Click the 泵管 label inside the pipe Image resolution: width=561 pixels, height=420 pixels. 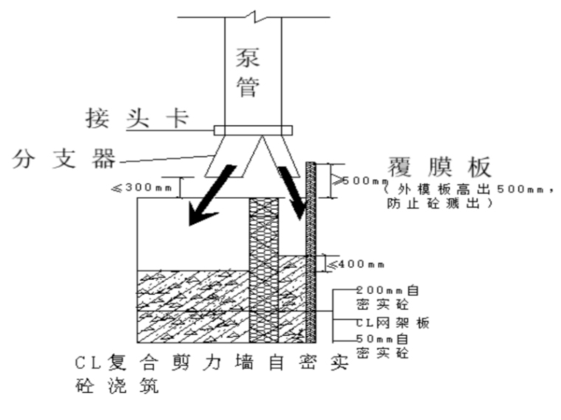coord(249,72)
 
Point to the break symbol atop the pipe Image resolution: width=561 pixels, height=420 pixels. coord(253,14)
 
